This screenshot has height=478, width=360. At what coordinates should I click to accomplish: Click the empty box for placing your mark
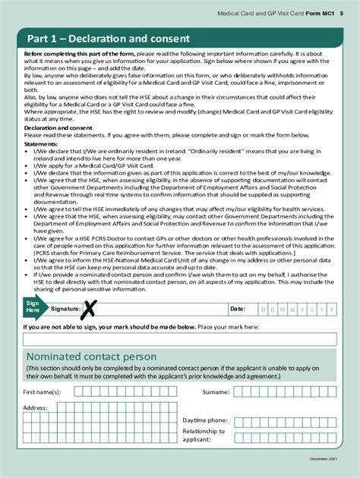pos(180,339)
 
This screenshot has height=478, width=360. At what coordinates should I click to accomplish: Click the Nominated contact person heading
pos(91,357)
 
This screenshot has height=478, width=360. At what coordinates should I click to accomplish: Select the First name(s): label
pos(43,392)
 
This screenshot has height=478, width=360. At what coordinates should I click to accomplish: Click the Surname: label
pos(216,392)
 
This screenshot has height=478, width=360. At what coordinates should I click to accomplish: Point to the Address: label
pos(35,407)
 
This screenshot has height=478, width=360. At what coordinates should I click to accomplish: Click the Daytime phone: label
pos(204,420)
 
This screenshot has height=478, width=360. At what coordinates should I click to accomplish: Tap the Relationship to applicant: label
pos(204,436)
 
